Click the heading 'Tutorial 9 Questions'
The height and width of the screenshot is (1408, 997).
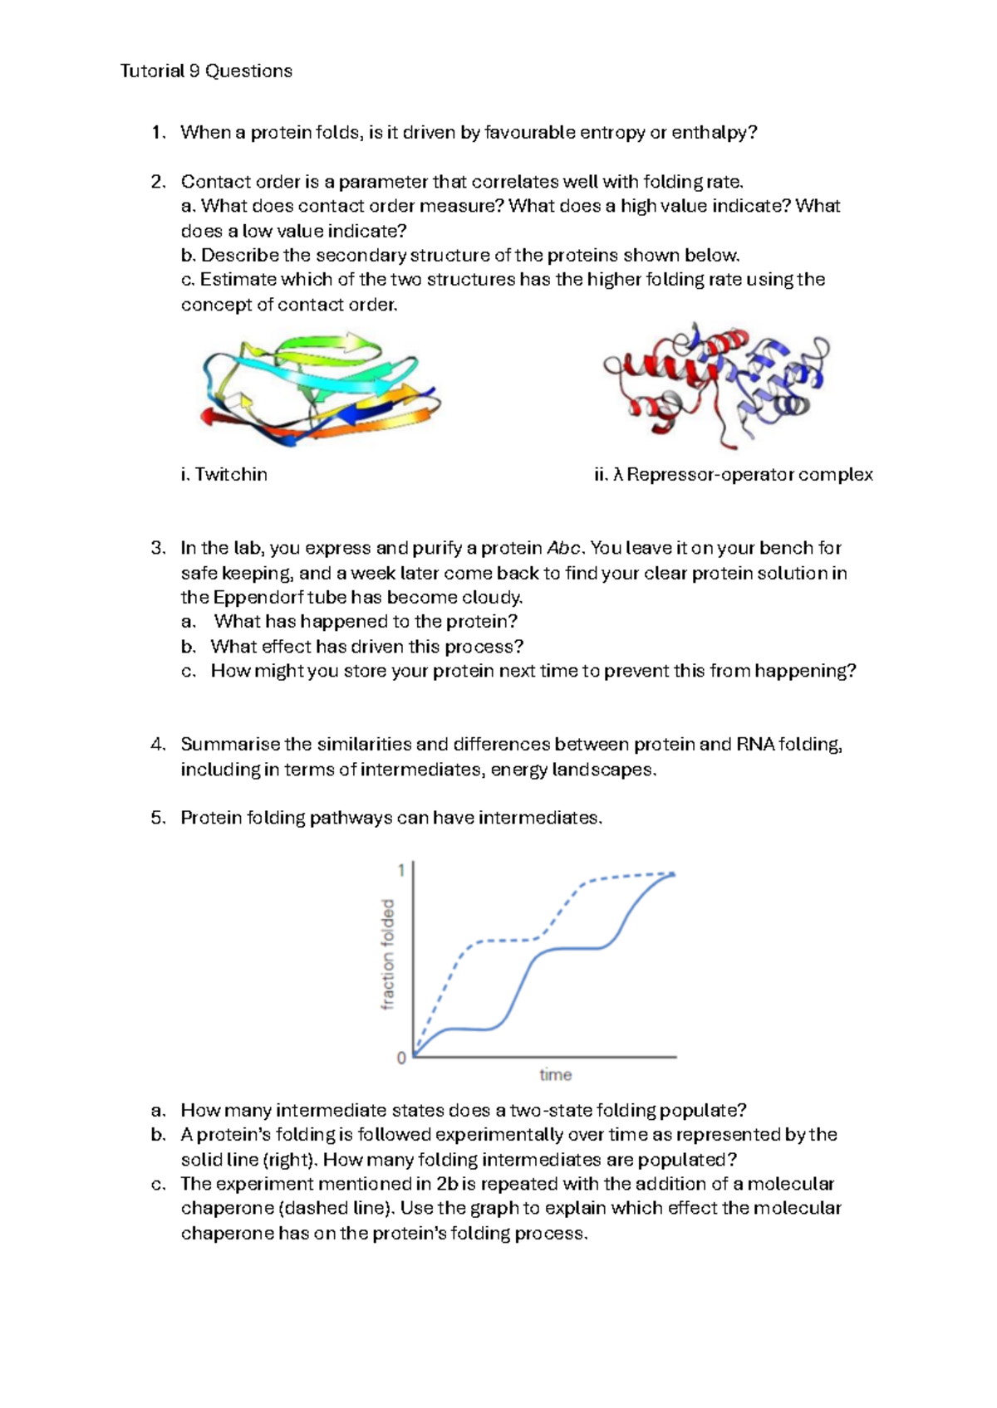(x=206, y=71)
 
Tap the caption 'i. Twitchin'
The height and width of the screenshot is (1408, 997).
(x=223, y=475)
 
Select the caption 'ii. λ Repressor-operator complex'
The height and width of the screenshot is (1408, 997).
(x=734, y=475)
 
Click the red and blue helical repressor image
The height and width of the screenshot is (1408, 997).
(x=716, y=384)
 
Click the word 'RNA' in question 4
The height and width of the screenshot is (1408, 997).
(x=754, y=745)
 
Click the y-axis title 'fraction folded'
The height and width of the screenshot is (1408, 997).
(x=387, y=955)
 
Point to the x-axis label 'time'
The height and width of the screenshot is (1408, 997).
(x=555, y=1075)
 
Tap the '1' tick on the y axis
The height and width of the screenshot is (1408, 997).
(x=401, y=870)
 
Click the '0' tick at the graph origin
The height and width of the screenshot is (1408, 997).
(x=401, y=1058)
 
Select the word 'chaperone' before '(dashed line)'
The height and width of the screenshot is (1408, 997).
(x=227, y=1209)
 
